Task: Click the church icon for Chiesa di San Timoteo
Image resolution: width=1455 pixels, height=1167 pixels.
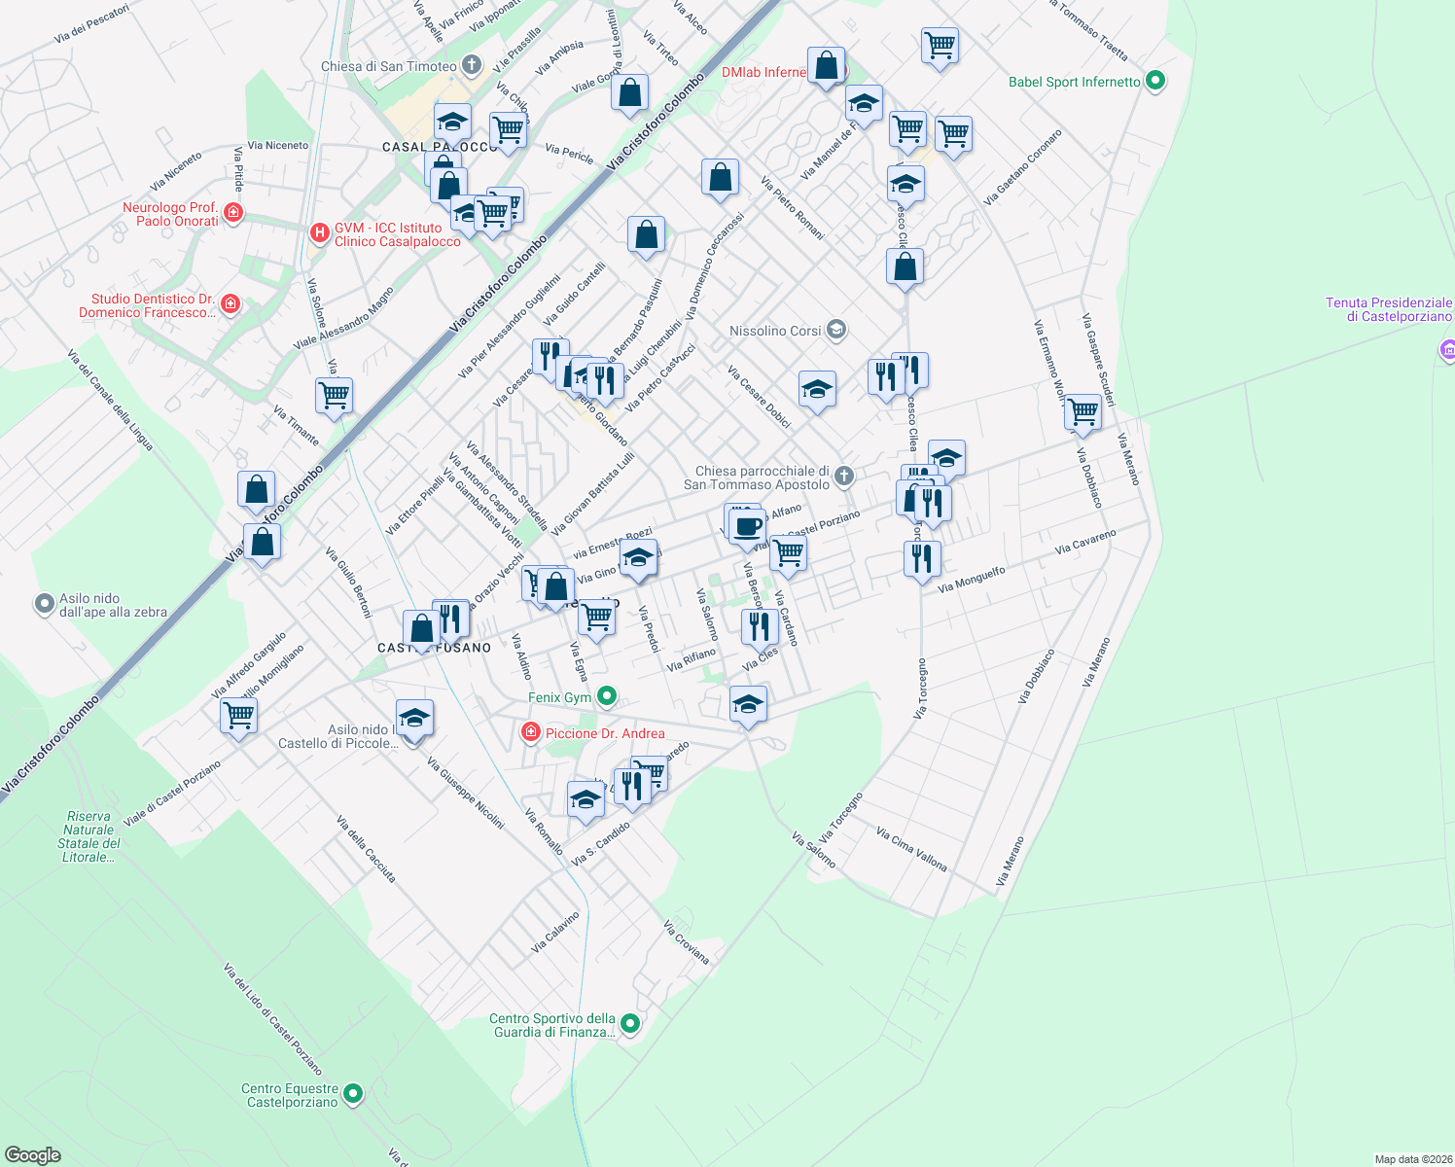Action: click(x=472, y=66)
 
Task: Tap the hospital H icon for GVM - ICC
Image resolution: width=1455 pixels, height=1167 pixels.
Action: click(x=319, y=233)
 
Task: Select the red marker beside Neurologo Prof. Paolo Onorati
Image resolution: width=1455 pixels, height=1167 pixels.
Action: click(x=232, y=213)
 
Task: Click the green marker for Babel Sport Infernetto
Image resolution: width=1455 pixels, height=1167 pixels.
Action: click(x=1155, y=81)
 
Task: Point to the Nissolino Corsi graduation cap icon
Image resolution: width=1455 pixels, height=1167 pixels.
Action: click(x=835, y=331)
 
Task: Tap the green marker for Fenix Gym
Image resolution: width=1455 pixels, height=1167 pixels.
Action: click(x=607, y=696)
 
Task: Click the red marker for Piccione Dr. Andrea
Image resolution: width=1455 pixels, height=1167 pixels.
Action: click(x=531, y=732)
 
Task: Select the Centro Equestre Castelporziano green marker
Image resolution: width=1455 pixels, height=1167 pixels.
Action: click(x=353, y=1094)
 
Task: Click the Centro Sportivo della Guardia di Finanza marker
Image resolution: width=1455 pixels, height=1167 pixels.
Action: click(x=630, y=1024)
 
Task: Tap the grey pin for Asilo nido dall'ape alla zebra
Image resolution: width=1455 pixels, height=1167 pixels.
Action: click(x=44, y=605)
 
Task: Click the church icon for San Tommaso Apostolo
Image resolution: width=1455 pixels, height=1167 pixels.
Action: click(x=844, y=476)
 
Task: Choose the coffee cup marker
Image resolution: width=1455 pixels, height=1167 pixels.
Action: click(x=747, y=527)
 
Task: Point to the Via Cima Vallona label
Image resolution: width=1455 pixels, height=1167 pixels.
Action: click(x=910, y=849)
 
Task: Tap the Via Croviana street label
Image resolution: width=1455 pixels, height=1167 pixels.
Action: click(x=686, y=941)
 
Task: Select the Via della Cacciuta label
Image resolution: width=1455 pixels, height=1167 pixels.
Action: click(x=366, y=849)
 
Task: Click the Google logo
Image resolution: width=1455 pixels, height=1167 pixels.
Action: click(x=33, y=1154)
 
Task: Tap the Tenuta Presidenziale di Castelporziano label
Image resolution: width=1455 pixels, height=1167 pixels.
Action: click(x=1388, y=309)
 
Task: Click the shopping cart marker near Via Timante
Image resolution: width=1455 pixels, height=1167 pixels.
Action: click(x=334, y=396)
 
